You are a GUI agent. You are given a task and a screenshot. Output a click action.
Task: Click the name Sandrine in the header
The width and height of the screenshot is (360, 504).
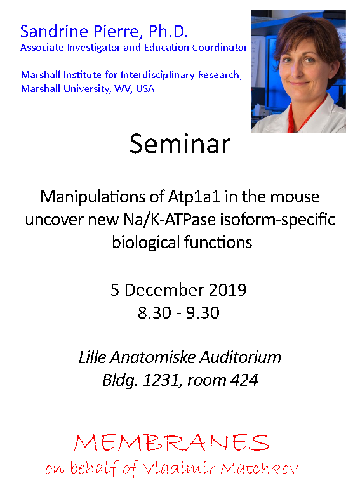coord(55,32)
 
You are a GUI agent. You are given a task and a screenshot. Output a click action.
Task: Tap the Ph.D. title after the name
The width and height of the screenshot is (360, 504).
coord(168,32)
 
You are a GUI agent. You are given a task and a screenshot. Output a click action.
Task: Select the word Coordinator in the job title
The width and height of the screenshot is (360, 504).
coord(220,48)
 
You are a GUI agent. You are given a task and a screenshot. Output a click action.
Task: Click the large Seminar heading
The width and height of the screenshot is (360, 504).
coord(180,144)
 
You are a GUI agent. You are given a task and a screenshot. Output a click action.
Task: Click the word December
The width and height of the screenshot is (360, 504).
coord(164,290)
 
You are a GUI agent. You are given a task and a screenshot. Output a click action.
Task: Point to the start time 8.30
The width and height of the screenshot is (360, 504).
coord(154,313)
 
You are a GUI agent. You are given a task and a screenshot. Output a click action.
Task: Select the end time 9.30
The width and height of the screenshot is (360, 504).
coord(203,313)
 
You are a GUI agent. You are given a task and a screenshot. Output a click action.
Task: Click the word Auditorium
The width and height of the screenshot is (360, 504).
coord(241,358)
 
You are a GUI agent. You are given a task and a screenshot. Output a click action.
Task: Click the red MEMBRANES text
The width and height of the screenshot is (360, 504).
coord(171,443)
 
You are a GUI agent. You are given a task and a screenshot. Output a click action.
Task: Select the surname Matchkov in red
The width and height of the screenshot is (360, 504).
coord(260,468)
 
